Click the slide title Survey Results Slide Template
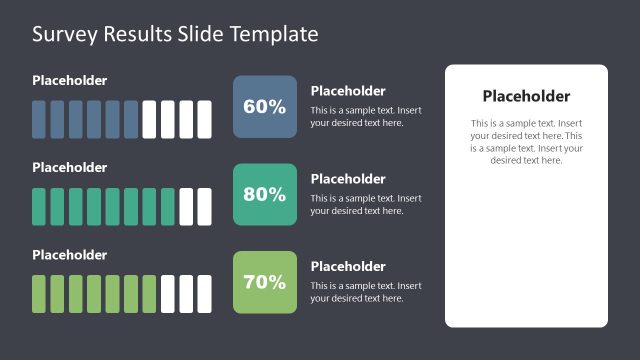point(175,34)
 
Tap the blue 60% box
point(265,106)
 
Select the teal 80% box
point(265,194)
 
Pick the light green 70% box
point(265,282)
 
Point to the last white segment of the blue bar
point(204,119)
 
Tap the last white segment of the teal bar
point(204,206)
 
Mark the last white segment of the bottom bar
point(204,294)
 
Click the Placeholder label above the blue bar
point(69,80)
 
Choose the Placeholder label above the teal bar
point(69,167)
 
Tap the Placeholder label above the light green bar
point(69,255)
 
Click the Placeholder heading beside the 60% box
point(348,91)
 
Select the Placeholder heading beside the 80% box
point(348,179)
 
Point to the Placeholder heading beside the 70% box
point(348,267)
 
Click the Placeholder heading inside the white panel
point(526,97)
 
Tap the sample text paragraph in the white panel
point(526,142)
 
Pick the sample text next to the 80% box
point(366,204)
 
